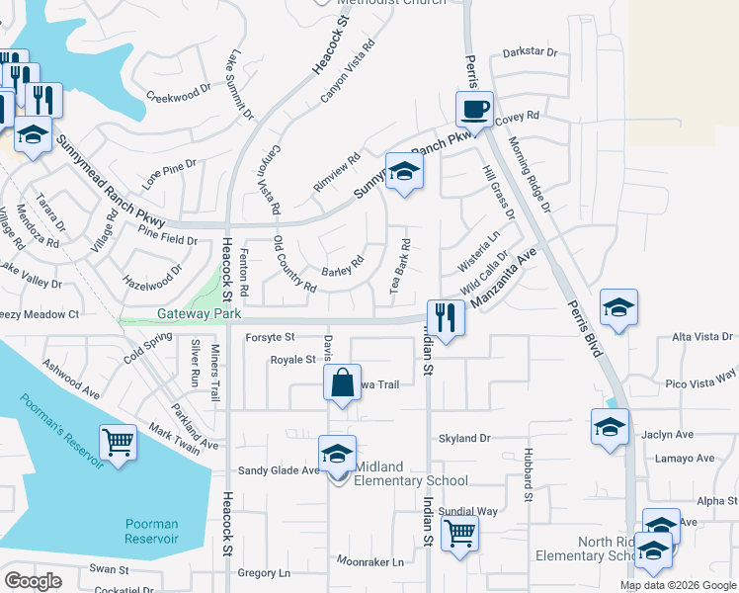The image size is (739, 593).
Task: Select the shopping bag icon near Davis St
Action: pos(341,383)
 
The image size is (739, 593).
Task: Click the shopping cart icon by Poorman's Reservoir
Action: pos(118,442)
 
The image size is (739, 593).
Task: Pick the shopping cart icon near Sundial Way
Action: pos(459,534)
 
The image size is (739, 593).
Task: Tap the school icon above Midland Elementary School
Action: pos(337,454)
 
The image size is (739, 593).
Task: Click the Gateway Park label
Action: pos(200,313)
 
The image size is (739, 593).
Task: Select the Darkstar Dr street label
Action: pos(531,52)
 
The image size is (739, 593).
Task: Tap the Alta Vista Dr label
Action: pos(702,337)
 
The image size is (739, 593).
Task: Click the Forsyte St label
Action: pos(271,337)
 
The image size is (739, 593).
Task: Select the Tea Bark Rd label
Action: pos(399,266)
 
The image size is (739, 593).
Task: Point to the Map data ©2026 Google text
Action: pos(678,585)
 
